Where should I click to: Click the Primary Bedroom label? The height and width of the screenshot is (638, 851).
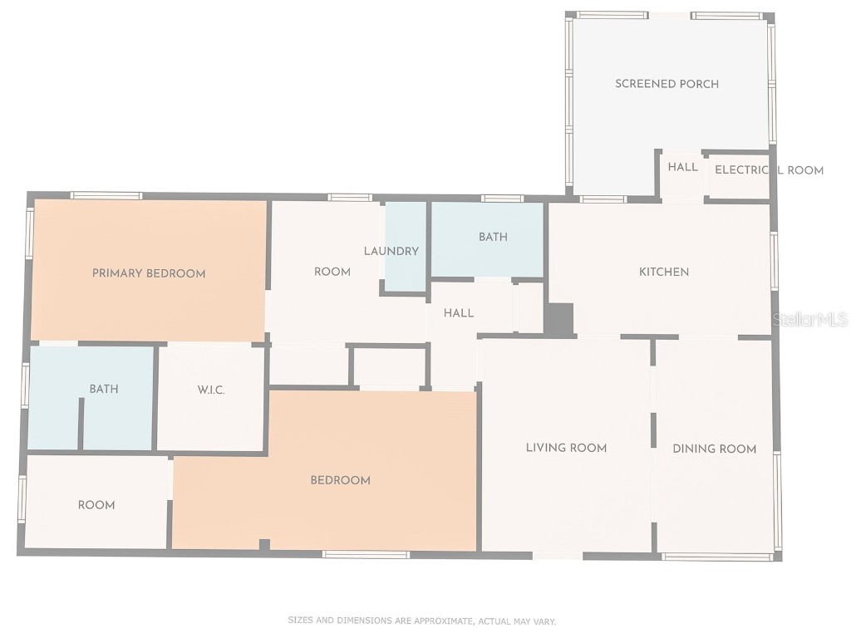tap(149, 273)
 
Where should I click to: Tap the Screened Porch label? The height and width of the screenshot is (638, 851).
tap(667, 84)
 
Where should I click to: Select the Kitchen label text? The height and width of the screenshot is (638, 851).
tap(664, 272)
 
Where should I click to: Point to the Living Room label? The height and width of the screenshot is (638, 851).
tap(566, 448)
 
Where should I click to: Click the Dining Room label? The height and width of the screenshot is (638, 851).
tap(714, 449)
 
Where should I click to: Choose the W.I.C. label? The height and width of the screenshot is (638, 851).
tap(210, 390)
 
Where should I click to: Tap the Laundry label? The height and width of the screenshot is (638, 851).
tap(391, 251)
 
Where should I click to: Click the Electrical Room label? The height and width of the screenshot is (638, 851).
tap(769, 170)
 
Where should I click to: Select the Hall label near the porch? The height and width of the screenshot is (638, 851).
tap(683, 167)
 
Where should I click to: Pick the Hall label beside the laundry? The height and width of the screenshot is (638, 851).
tap(459, 313)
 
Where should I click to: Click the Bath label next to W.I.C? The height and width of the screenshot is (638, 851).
tap(104, 389)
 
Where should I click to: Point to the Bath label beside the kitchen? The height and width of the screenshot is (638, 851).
tap(493, 237)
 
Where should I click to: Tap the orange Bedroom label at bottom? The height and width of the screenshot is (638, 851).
tap(340, 481)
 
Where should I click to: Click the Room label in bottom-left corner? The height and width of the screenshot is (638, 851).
tap(96, 506)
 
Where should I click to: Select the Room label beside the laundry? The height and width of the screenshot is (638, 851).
tap(332, 272)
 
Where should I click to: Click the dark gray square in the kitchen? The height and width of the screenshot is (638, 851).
tap(559, 319)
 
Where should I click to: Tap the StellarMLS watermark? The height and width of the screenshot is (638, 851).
tap(810, 320)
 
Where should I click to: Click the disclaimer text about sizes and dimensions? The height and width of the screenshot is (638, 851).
tap(421, 621)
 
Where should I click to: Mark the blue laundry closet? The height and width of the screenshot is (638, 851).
tap(406, 247)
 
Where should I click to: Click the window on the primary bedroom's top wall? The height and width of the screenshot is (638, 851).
tap(106, 196)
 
